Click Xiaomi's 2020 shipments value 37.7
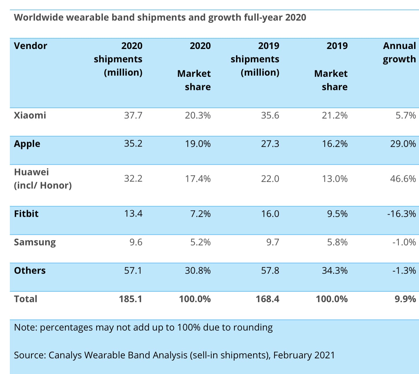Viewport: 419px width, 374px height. (133, 115)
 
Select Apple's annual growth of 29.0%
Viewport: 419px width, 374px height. (403, 144)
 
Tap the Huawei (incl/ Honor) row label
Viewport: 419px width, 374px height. (43, 179)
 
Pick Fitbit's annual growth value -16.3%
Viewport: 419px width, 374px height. (401, 214)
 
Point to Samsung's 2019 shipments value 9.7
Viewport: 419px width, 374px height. (272, 242)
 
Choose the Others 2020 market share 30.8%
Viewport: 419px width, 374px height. (198, 270)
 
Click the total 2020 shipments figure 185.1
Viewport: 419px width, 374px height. (131, 299)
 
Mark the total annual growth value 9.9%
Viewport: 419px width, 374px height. (405, 299)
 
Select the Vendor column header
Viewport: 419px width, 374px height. (30, 46)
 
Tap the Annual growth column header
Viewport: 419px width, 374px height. (399, 52)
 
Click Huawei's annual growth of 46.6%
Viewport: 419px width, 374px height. (403, 179)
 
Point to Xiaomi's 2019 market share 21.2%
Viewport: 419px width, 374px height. (335, 115)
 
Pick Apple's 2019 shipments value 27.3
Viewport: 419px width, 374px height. (270, 144)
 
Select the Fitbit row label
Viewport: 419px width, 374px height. (26, 214)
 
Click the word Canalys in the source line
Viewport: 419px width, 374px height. (65, 355)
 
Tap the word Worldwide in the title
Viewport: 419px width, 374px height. (39, 17)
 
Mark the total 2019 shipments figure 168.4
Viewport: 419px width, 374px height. (267, 299)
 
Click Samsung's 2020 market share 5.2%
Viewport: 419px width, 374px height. (200, 242)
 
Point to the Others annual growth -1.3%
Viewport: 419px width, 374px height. (404, 270)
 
